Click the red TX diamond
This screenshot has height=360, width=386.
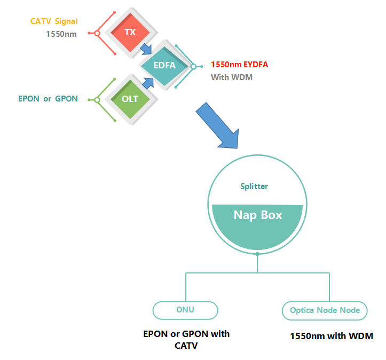pyautogui.click(x=130, y=33)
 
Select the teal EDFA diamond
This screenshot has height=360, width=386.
pyautogui.click(x=164, y=66)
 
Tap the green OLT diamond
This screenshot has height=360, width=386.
pyautogui.click(x=130, y=99)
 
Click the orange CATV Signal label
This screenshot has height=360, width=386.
pyautogui.click(x=54, y=21)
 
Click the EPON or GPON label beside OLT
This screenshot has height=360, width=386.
pyautogui.click(x=48, y=99)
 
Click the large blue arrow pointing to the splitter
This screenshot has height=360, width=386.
pyautogui.click(x=218, y=125)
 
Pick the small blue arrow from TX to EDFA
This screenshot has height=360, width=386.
pyautogui.click(x=146, y=50)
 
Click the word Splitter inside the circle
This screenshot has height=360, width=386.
pyautogui.click(x=254, y=186)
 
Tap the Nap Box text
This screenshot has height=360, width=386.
pyautogui.click(x=258, y=215)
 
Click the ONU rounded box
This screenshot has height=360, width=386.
pyautogui.click(x=185, y=310)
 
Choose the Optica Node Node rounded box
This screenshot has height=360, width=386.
pyautogui.click(x=325, y=310)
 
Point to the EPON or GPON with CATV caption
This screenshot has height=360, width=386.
pyautogui.click(x=186, y=339)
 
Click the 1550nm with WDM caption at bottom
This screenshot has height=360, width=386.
pyautogui.click(x=331, y=336)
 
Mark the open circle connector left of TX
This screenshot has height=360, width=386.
pyautogui.click(x=97, y=33)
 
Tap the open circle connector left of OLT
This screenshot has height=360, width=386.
pyautogui.click(x=97, y=100)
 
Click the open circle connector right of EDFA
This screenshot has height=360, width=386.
pyautogui.click(x=194, y=67)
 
